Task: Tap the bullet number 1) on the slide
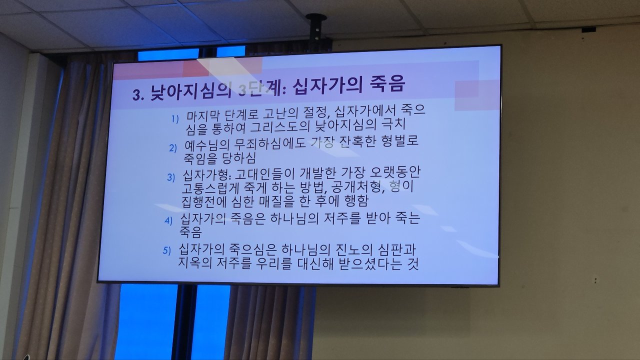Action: click(175, 119)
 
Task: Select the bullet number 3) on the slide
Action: click(171, 177)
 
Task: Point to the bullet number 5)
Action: click(166, 250)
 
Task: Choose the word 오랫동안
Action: click(395, 171)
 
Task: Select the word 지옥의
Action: click(195, 262)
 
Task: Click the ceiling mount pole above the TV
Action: click(316, 28)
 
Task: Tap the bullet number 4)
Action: click(168, 220)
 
